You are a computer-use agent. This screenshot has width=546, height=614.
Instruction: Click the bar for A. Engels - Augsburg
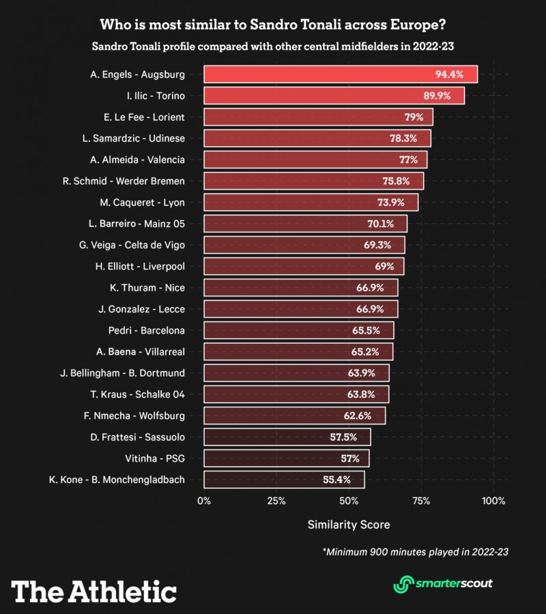(340, 74)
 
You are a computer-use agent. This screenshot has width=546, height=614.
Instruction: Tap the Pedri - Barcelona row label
(146, 330)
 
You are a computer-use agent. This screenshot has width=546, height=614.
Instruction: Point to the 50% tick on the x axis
(349, 501)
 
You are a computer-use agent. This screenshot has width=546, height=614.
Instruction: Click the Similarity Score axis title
(349, 525)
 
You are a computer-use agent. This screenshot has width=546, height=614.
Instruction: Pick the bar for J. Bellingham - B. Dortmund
(296, 372)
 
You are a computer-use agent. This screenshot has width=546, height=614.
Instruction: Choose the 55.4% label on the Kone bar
(336, 480)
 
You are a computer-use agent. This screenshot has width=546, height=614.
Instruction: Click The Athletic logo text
(94, 591)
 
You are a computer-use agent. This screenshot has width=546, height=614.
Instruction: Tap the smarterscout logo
(442, 584)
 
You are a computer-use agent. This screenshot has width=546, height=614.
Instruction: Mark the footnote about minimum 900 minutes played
(416, 551)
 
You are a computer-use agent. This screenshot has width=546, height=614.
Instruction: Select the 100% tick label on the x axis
(493, 501)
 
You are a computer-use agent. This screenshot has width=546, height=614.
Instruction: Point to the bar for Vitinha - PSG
(286, 458)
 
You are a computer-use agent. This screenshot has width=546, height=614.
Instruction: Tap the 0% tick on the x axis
(204, 501)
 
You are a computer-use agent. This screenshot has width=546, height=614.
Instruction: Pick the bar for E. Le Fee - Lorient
(318, 117)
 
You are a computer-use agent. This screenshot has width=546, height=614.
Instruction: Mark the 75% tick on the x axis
(421, 501)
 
